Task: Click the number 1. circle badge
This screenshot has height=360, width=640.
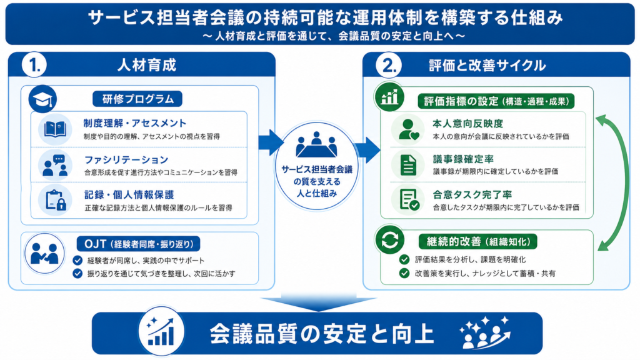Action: tap(34, 65)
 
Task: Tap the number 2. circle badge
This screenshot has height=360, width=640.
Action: tap(389, 65)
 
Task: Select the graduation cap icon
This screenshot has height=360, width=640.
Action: tap(42, 99)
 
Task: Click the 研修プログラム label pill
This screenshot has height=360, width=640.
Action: tap(137, 99)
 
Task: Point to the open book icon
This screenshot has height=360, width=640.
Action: tap(55, 129)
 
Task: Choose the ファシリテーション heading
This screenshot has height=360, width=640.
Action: tap(126, 159)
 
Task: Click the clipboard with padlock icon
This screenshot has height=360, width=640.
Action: tap(56, 200)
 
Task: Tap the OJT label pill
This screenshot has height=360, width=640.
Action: tap(138, 244)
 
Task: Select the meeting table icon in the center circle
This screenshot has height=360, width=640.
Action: tap(316, 145)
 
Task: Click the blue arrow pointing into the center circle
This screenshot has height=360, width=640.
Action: tap(271, 142)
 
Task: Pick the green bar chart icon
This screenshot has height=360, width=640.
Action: tap(389, 97)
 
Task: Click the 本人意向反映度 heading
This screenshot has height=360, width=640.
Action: tap(467, 124)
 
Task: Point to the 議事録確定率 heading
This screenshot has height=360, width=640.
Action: tap(463, 159)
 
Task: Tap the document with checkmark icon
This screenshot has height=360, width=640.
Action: tap(409, 199)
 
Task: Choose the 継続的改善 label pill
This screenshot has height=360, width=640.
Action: tap(478, 242)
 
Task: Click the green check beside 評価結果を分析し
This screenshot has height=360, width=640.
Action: tap(404, 259)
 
